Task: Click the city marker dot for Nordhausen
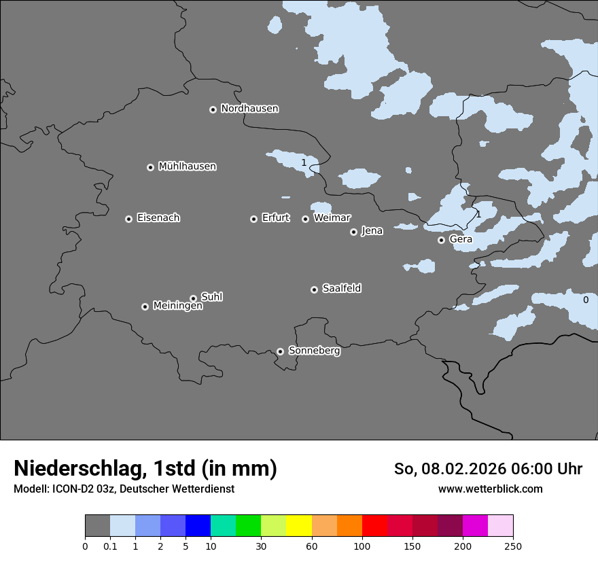pyautogui.click(x=213, y=109)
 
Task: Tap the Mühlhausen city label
pyautogui.click(x=187, y=166)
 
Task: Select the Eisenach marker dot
pyautogui.click(x=128, y=219)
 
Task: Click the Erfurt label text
pyautogui.click(x=275, y=218)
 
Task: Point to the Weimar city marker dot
pyautogui.click(x=305, y=219)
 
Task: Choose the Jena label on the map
pyautogui.click(x=372, y=231)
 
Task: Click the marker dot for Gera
pyautogui.click(x=441, y=240)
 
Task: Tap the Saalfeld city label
pyautogui.click(x=341, y=289)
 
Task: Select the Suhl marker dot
pyautogui.click(x=193, y=298)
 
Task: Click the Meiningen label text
pyautogui.click(x=177, y=306)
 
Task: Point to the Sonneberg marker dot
pyautogui.click(x=280, y=352)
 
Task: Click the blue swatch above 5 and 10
pyautogui.click(x=198, y=526)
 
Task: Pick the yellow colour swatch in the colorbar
pyautogui.click(x=298, y=526)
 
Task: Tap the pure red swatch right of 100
pyautogui.click(x=374, y=526)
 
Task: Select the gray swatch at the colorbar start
pyautogui.click(x=97, y=526)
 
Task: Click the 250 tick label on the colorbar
pyautogui.click(x=513, y=546)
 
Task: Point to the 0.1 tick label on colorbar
pyautogui.click(x=110, y=546)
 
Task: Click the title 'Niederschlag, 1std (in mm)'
pyautogui.click(x=145, y=469)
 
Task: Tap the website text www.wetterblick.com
pyautogui.click(x=490, y=489)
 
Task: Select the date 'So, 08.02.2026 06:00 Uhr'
pyautogui.click(x=488, y=469)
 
